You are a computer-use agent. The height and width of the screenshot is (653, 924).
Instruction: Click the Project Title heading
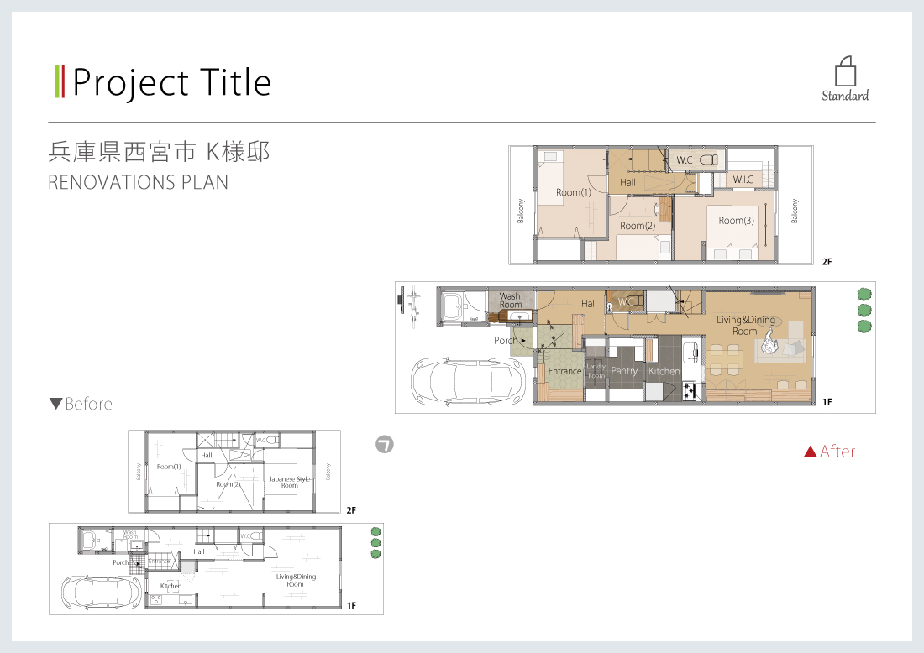pos(171,82)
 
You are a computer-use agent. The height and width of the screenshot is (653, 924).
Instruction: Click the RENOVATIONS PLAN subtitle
pos(139,182)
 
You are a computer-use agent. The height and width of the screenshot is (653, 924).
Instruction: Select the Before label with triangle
pos(81,404)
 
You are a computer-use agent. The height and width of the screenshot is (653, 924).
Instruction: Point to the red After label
pos(829,452)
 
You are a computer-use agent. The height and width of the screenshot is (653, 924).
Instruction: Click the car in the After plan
pos(470,382)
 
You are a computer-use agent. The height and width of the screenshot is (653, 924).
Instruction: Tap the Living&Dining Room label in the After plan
pos(745,326)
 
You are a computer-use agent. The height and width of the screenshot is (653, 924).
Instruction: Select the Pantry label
pos(624,371)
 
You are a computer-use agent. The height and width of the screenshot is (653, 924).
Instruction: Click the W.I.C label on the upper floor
pos(743,180)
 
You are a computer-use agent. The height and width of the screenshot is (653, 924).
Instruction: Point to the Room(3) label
pos(736,221)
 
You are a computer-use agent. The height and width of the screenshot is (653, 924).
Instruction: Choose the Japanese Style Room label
pos(289,482)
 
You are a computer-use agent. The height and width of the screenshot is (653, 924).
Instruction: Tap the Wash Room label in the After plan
pos(510,300)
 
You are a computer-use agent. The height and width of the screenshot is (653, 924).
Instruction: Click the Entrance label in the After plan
pos(564,371)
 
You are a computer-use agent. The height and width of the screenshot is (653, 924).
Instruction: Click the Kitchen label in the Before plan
pos(171,586)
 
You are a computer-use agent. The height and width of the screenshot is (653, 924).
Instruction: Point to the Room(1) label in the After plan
pos(574,192)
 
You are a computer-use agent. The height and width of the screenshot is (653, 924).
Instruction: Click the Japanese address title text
pos(159,152)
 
